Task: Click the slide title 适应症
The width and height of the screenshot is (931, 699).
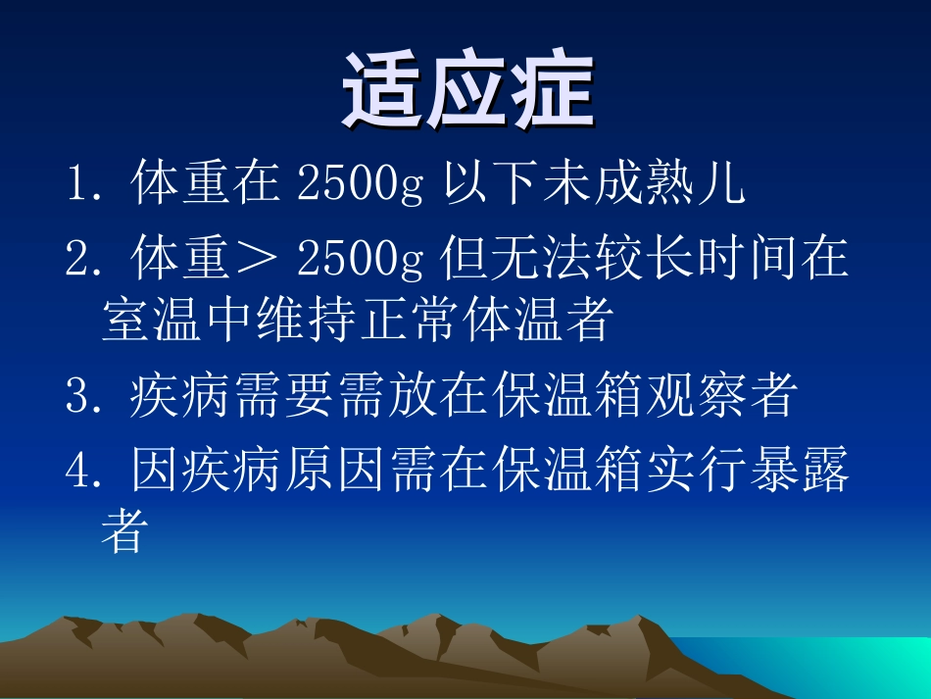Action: coord(467,94)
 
